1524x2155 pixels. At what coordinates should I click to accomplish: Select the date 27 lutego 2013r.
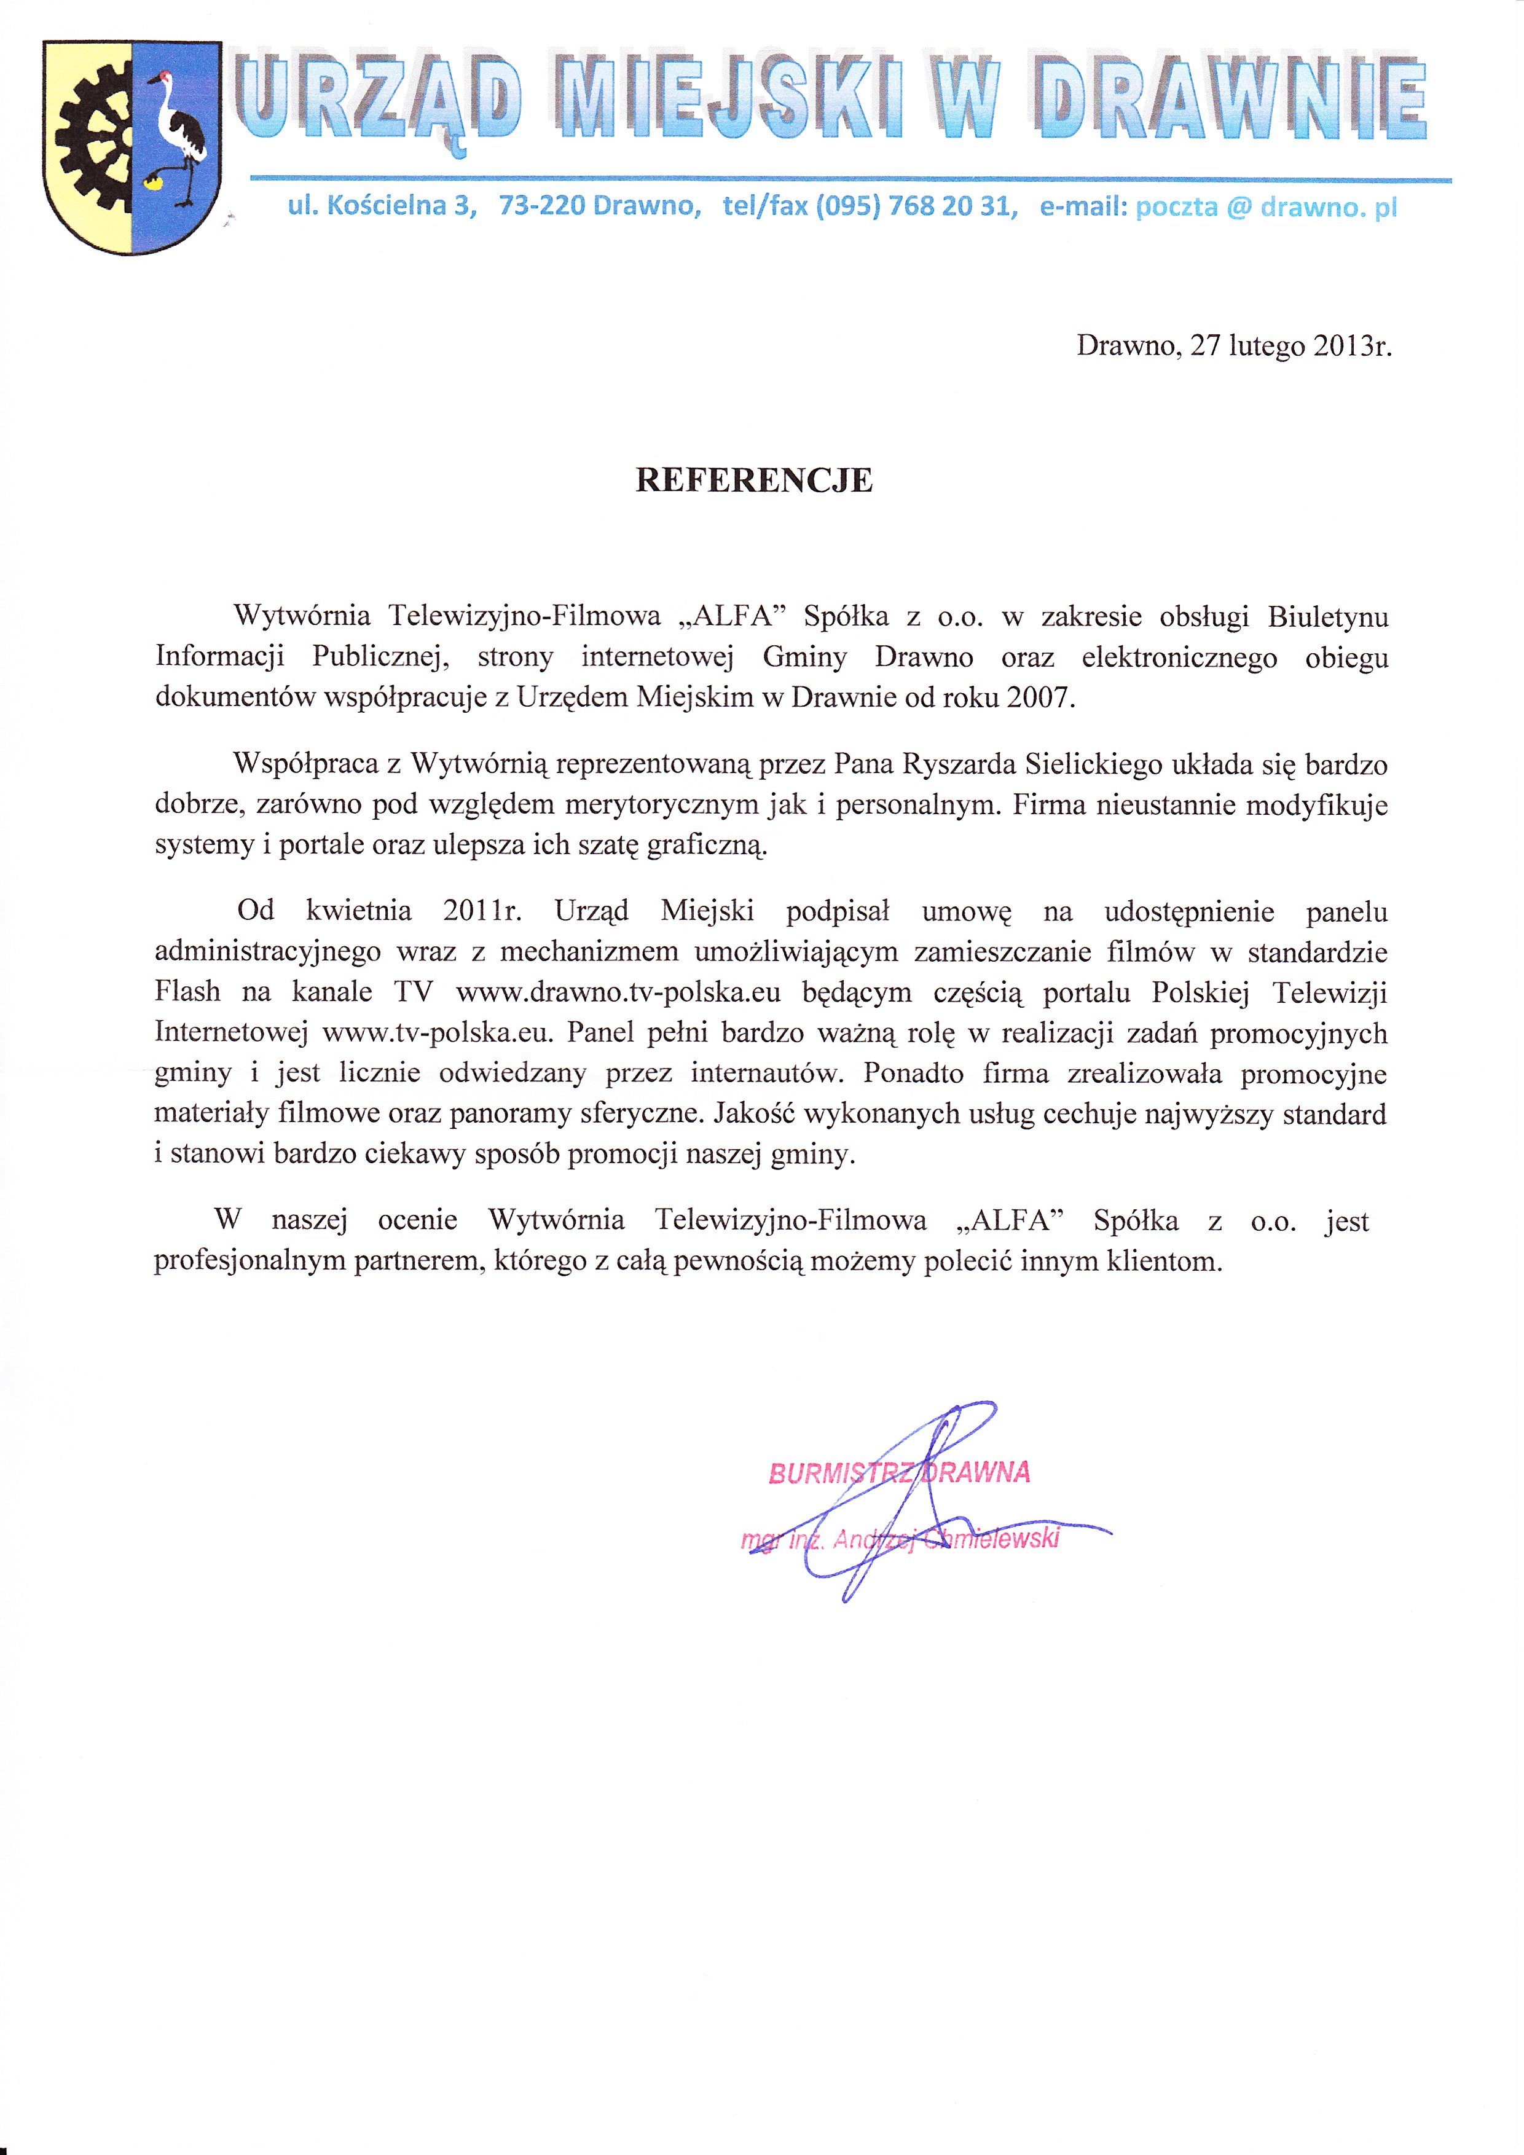1290,347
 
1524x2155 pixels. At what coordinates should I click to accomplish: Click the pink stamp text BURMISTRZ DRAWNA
899,1473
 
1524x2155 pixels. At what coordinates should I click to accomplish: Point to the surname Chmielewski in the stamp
991,1539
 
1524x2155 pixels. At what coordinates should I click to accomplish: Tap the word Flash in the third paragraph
187,992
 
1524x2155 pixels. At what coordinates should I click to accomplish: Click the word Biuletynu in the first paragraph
1327,618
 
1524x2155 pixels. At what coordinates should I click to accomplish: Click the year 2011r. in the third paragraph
481,911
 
